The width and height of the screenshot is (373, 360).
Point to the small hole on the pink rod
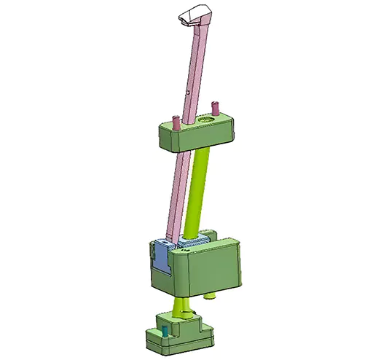(x=187, y=93)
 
